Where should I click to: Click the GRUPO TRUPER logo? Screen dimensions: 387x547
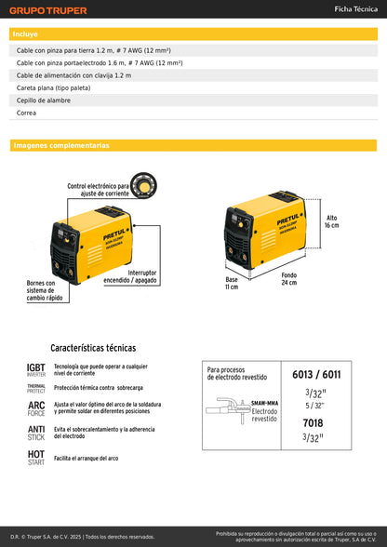click(x=48, y=10)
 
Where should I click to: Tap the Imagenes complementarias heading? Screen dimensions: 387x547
click(x=60, y=146)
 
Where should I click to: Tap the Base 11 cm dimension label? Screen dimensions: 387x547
click(x=232, y=283)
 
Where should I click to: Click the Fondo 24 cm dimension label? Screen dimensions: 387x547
click(x=290, y=279)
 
